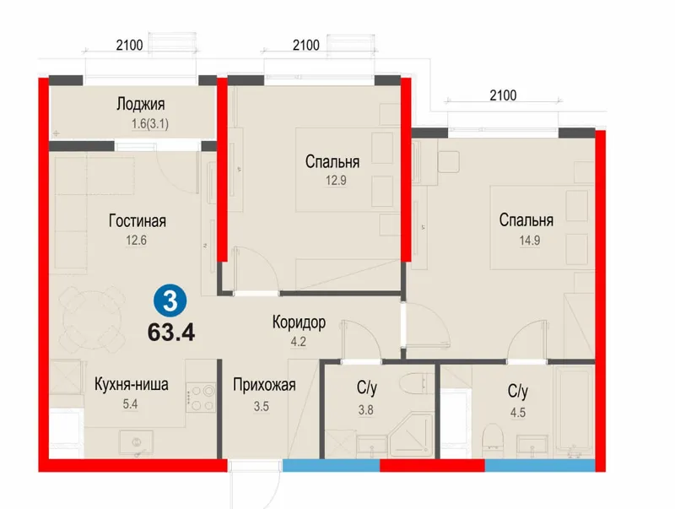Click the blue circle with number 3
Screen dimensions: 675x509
[170, 301]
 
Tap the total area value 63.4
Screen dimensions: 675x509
[171, 333]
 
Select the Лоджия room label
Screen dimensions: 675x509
[141, 104]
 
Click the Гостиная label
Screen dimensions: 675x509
[138, 221]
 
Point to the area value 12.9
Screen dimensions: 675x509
[336, 180]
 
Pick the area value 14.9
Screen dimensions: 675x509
[530, 241]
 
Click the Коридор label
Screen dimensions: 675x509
[299, 322]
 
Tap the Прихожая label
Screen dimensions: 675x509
[264, 385]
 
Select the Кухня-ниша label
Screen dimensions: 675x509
[132, 384]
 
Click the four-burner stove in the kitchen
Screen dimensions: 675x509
[201, 398]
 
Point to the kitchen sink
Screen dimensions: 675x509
[137, 443]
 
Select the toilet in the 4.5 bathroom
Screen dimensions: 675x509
[493, 440]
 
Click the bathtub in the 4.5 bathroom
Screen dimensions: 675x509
[574, 411]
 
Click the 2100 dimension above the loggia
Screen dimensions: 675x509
[129, 45]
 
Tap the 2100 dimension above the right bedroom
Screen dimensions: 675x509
[503, 95]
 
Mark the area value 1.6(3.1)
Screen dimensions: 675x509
[150, 124]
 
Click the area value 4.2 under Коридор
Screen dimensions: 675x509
[299, 342]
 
